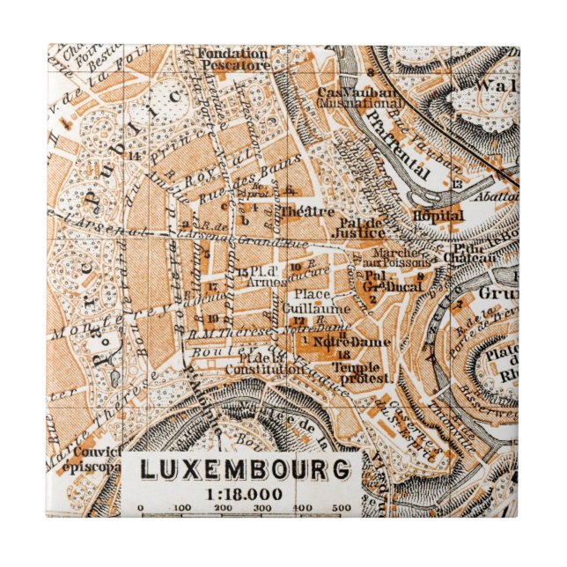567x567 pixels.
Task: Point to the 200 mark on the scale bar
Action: tap(224, 509)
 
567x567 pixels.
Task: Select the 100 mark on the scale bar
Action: tap(182, 509)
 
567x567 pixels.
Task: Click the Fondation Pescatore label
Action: tap(233, 58)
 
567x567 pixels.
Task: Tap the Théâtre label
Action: tap(307, 211)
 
